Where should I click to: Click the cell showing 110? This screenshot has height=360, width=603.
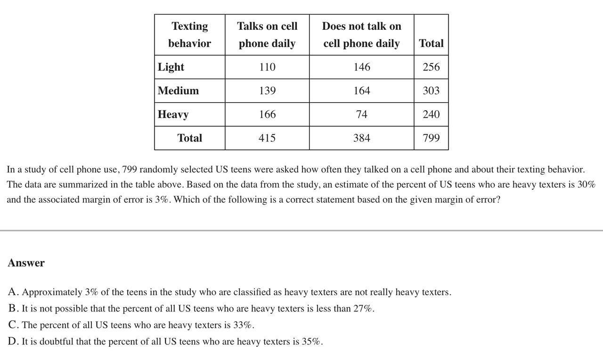click(267, 67)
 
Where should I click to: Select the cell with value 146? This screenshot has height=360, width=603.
click(362, 67)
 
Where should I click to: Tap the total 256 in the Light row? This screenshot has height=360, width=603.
click(431, 67)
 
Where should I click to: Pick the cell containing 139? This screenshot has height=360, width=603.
click(267, 90)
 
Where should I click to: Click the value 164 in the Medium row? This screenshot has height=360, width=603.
click(362, 90)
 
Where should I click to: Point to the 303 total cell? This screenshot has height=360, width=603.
click(431, 90)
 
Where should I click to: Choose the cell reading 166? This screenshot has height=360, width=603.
click(267, 114)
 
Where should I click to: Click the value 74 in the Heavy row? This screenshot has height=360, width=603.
click(362, 114)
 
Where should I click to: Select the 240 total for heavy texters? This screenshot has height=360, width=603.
click(431, 114)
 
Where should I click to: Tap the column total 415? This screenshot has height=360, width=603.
click(267, 138)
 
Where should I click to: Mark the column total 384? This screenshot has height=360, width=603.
click(362, 138)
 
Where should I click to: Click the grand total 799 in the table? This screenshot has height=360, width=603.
click(431, 138)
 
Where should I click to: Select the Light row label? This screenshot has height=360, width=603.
click(171, 67)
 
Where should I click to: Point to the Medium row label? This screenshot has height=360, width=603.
click(179, 90)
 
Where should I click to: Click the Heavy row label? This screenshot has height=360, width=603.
click(173, 114)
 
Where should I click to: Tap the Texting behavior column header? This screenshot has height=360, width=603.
click(189, 34)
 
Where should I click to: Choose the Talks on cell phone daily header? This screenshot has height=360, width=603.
click(267, 34)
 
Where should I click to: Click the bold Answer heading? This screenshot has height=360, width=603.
click(26, 263)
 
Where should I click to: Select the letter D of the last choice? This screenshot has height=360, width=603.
click(13, 342)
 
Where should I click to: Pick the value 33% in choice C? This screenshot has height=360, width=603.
click(243, 325)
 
